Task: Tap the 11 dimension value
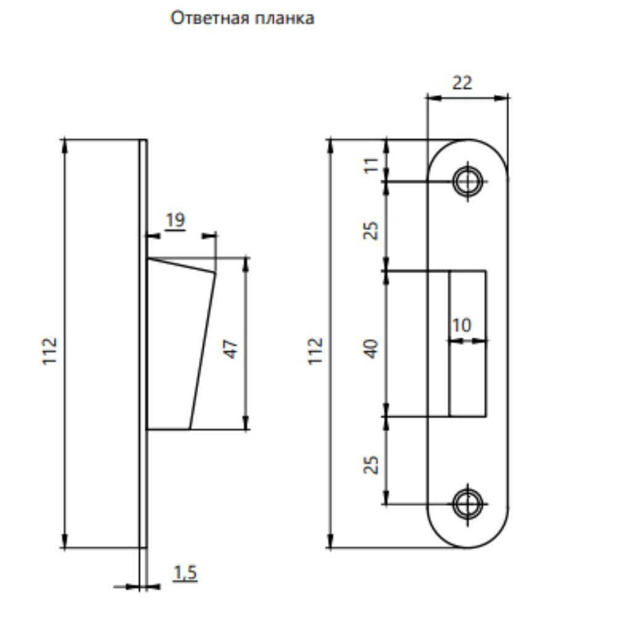point(371,165)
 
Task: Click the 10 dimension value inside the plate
point(462,325)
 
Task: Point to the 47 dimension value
point(230,348)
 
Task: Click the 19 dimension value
point(175,220)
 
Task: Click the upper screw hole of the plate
point(467,181)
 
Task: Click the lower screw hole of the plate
point(467,504)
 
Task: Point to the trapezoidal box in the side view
point(176,346)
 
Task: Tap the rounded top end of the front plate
point(467,151)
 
